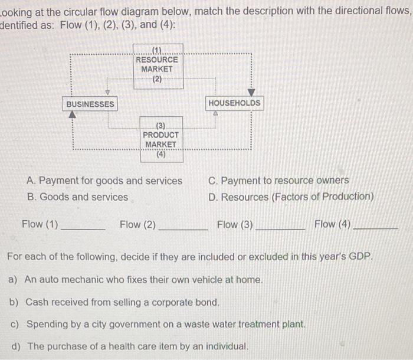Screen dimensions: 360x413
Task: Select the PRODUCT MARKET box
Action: (x=161, y=139)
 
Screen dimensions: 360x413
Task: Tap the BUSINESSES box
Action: (x=90, y=104)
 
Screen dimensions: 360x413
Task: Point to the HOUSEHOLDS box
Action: (x=234, y=103)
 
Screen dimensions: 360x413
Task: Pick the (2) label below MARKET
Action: (x=157, y=79)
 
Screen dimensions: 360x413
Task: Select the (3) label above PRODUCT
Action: (x=160, y=125)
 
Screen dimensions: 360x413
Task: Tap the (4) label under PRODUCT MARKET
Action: (x=161, y=155)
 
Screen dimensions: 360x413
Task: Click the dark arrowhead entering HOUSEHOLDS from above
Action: (x=251, y=93)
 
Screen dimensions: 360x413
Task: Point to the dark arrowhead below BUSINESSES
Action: (x=73, y=115)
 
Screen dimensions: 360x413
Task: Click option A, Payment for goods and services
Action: (x=105, y=181)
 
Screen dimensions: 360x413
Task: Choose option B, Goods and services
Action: (x=77, y=197)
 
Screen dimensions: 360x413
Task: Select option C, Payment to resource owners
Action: (x=278, y=181)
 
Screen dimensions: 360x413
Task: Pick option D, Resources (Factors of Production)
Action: (x=291, y=197)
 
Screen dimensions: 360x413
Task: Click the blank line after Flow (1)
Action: (x=83, y=228)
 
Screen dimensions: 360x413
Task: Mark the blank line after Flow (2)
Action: (x=183, y=228)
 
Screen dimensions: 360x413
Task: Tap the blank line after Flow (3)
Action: (x=280, y=228)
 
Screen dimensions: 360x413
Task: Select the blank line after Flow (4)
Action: (x=376, y=228)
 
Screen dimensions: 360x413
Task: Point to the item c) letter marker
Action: (x=14, y=325)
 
